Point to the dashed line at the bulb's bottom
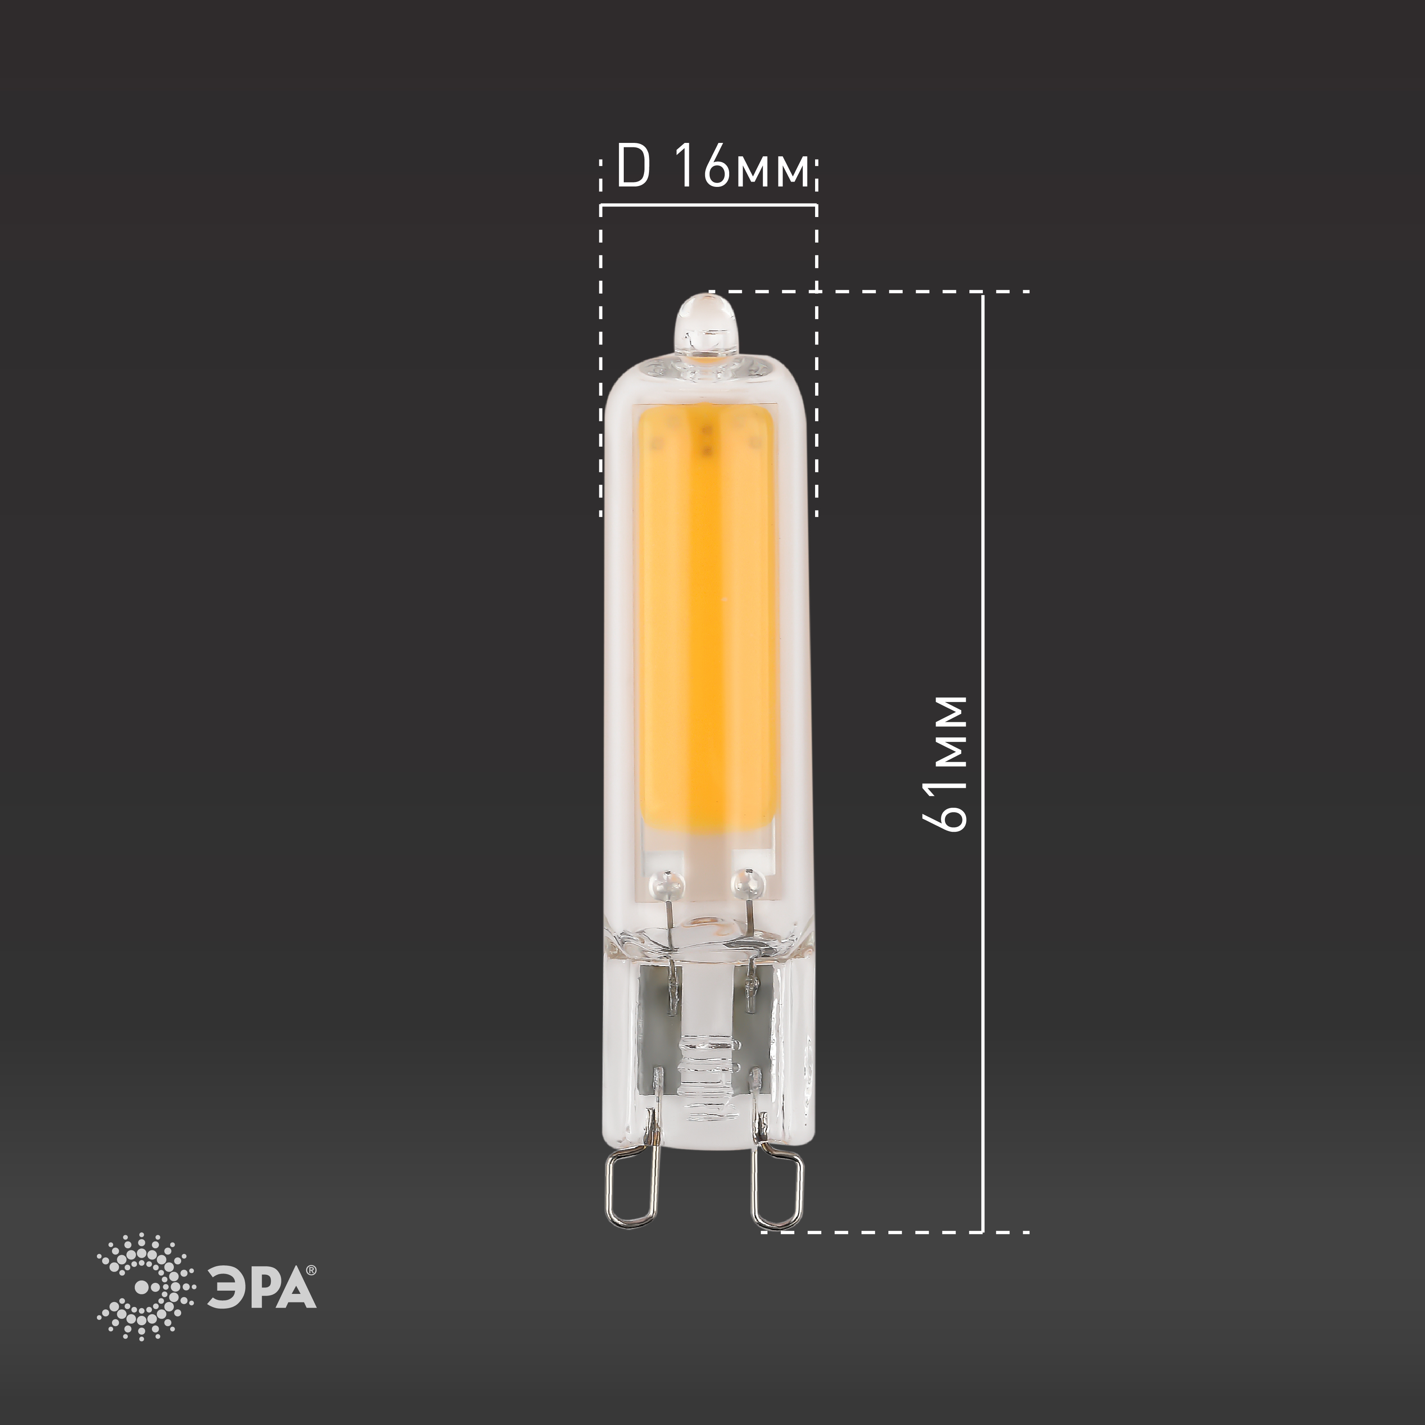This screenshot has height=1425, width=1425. (x=885, y=1232)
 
